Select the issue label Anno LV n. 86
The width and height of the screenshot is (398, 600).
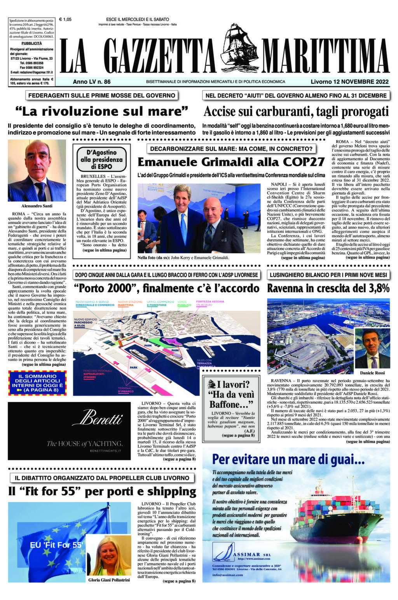[x=92, y=82]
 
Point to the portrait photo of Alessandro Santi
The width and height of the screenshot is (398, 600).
[x=37, y=171]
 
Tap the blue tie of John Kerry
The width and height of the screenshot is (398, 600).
[x=183, y=229]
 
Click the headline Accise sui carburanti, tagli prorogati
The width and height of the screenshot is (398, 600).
[x=296, y=112]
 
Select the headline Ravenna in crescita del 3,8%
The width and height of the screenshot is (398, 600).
[x=328, y=288]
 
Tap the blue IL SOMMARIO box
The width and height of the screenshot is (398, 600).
[x=37, y=383]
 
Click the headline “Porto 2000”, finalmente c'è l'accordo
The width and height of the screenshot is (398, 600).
[x=166, y=288]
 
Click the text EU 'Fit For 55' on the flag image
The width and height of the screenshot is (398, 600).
[x=57, y=545]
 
